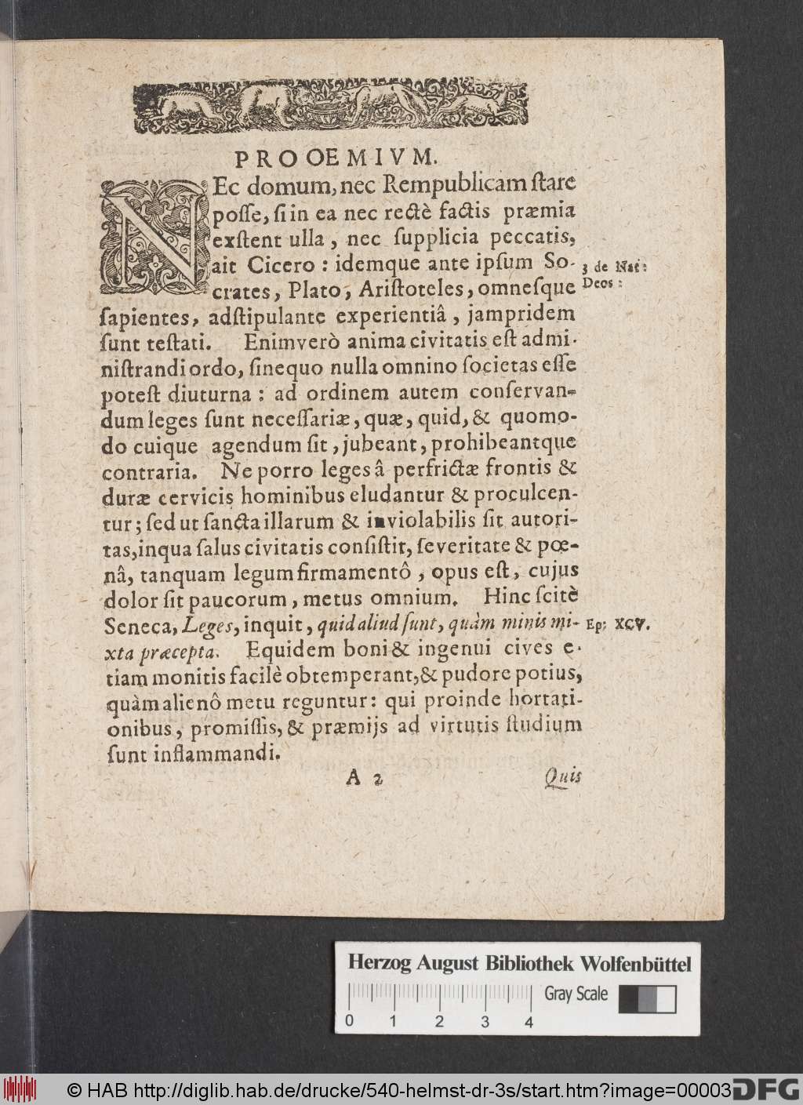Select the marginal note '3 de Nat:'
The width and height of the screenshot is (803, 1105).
coord(615,266)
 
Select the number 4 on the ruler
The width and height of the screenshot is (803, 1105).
coord(529,1022)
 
